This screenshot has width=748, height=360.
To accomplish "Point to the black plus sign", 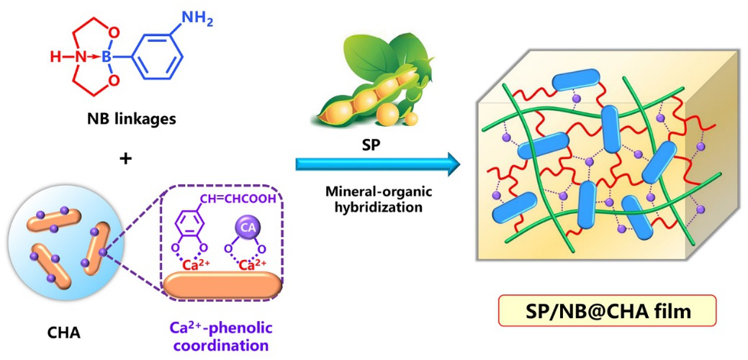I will tap(126, 157).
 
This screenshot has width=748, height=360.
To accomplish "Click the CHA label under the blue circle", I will tap(60, 333).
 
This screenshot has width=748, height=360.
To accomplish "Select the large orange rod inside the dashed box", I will tap(225, 283).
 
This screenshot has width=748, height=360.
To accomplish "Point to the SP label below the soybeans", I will tap(369, 138).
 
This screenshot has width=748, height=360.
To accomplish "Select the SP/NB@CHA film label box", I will tap(608, 311).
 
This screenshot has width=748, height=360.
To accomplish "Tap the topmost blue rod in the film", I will tap(577, 78).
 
